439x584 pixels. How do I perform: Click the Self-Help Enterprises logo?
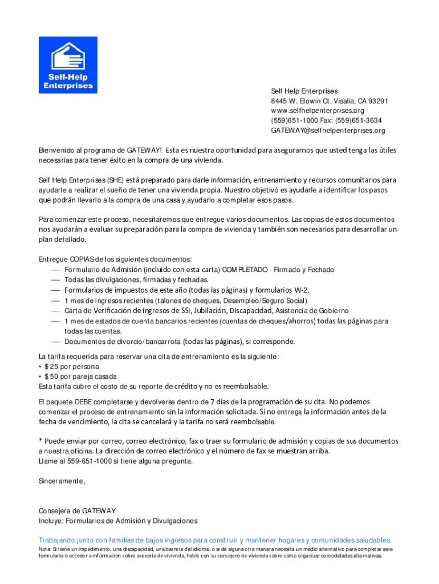[68, 65]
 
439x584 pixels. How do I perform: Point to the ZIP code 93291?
[377, 101]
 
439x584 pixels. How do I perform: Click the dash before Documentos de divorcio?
[55, 342]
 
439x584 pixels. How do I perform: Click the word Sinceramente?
[62, 481]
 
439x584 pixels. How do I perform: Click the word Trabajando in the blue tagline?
[60, 540]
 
